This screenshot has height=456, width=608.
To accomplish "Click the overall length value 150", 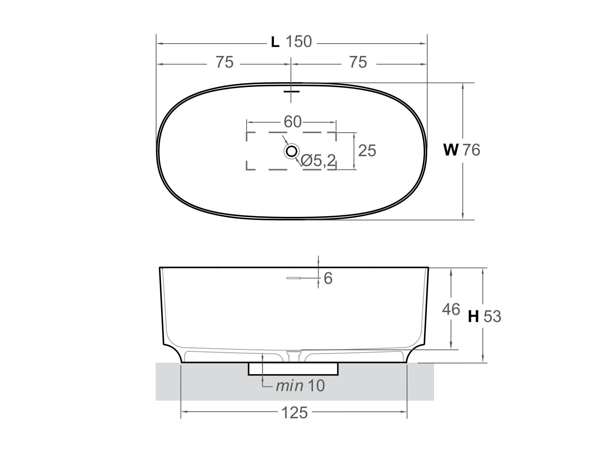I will (x=299, y=42).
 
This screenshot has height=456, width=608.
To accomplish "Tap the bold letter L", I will (x=275, y=43).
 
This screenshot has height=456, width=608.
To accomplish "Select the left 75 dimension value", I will (x=225, y=62).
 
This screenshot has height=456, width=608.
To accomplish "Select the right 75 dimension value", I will (x=358, y=62).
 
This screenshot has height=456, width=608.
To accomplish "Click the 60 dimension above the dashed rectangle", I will (x=292, y=122).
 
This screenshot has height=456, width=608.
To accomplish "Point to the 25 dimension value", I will (x=367, y=151).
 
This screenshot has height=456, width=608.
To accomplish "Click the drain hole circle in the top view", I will (x=291, y=151).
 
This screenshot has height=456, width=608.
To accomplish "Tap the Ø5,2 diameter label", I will (x=318, y=161).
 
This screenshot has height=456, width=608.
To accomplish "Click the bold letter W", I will (x=451, y=150).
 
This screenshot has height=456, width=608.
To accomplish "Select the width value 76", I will (x=471, y=150).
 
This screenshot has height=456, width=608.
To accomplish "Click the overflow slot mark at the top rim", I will (x=291, y=91).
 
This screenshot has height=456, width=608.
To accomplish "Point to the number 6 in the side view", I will (x=328, y=278).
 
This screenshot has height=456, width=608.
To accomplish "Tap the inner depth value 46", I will (x=451, y=310).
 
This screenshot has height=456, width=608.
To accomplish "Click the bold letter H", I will (x=473, y=317).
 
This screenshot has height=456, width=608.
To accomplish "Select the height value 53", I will (x=492, y=317).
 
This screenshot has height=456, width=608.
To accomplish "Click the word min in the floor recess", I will (x=289, y=386).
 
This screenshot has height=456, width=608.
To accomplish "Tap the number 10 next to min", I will (x=316, y=386).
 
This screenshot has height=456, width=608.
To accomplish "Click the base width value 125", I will (x=294, y=413).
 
